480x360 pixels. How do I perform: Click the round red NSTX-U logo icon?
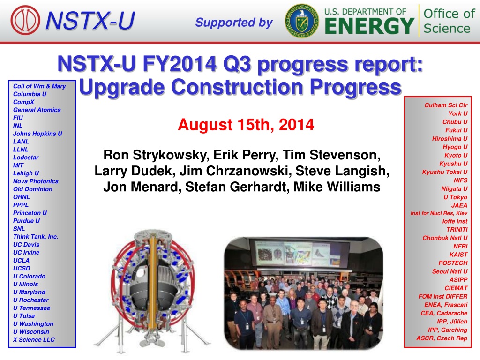(x=25, y=20)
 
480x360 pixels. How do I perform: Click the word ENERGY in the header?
(x=369, y=26)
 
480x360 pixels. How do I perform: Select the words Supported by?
(x=234, y=22)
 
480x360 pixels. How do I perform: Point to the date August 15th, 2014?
(x=246, y=125)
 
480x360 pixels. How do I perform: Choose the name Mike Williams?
(x=337, y=187)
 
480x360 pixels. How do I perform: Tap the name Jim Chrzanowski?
(x=235, y=171)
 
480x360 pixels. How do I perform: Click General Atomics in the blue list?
(x=37, y=110)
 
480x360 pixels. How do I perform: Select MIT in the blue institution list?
(x=18, y=165)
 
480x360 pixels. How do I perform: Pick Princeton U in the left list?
(x=30, y=213)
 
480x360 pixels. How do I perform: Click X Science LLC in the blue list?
(x=34, y=339)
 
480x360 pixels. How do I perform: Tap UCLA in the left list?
(x=22, y=260)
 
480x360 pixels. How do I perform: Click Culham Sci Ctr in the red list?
(x=446, y=105)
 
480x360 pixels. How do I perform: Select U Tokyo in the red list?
(x=456, y=197)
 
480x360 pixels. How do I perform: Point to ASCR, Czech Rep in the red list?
(x=442, y=338)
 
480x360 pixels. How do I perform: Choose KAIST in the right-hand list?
(x=458, y=255)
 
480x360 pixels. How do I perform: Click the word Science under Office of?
(x=447, y=29)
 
